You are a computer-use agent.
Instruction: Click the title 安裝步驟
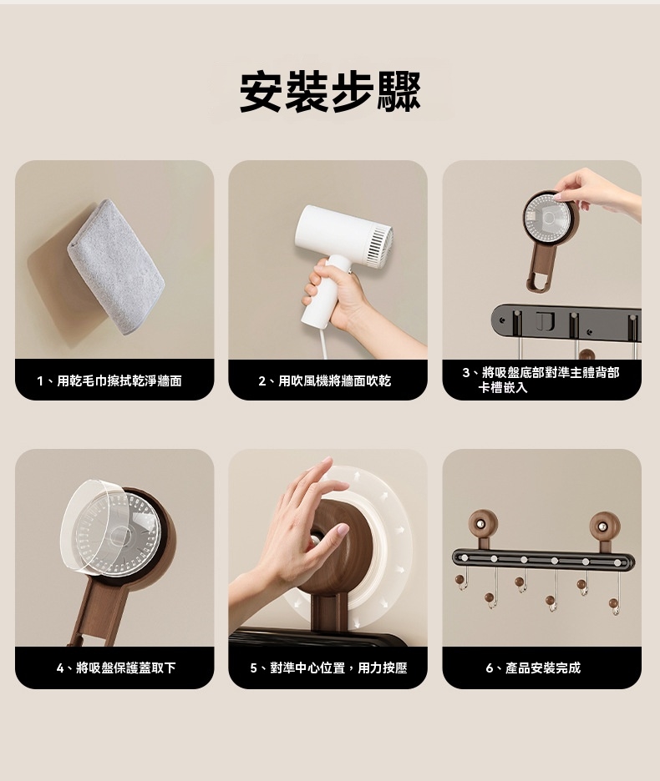330,92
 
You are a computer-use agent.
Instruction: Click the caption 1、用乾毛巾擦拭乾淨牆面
109,381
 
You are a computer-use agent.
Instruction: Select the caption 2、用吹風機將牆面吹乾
324,381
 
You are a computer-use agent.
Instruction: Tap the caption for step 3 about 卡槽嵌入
541,380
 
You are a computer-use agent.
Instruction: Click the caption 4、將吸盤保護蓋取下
116,668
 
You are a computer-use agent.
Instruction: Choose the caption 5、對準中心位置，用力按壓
328,668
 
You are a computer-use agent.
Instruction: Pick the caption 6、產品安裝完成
533,668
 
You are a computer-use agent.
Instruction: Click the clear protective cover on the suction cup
111,529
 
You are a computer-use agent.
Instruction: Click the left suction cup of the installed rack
482,524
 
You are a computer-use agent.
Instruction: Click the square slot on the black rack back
545,321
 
